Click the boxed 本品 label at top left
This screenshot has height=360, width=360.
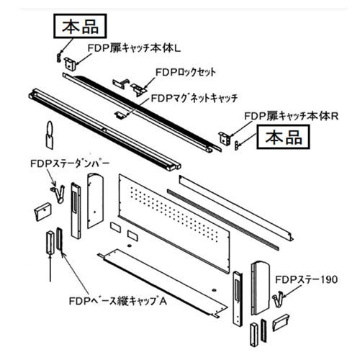80,26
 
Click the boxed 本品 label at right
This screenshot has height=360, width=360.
283,137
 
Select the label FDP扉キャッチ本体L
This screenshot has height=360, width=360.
134,49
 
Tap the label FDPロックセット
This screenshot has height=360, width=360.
186,72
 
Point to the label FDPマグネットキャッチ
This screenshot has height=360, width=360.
194,98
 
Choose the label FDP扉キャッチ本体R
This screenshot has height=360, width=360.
292,117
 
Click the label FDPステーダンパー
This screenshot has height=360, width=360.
70,163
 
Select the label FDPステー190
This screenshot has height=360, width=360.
307,279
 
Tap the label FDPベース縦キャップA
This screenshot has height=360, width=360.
118,301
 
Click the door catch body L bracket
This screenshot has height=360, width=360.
70,63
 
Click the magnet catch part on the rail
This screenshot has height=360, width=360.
120,114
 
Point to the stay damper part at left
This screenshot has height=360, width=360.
58,193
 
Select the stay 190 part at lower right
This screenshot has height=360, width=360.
279,299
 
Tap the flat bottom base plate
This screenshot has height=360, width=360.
163,283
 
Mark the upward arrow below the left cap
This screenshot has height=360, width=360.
50,268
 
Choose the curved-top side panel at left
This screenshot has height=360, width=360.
95,200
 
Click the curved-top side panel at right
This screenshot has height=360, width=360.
261,288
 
